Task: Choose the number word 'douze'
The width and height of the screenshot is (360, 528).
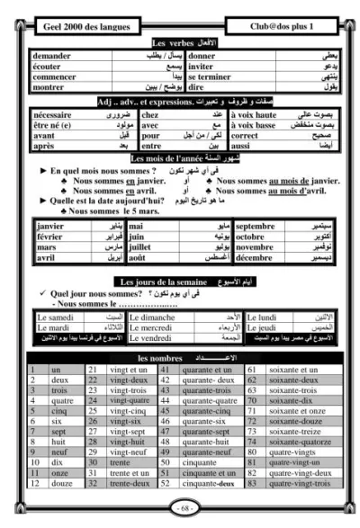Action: [x=62, y=482]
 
